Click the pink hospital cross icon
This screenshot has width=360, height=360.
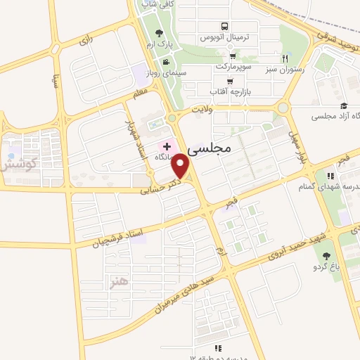167,145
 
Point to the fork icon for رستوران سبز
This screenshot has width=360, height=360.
285,58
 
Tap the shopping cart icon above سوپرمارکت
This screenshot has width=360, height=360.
233,56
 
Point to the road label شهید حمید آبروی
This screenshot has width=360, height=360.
280,252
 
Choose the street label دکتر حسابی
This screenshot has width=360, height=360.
160,184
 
